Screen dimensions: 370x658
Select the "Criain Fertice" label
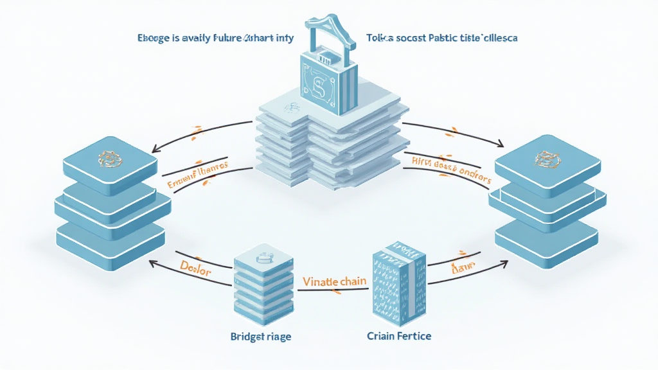click(x=399, y=336)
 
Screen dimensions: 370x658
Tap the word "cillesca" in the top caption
click(x=497, y=38)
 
